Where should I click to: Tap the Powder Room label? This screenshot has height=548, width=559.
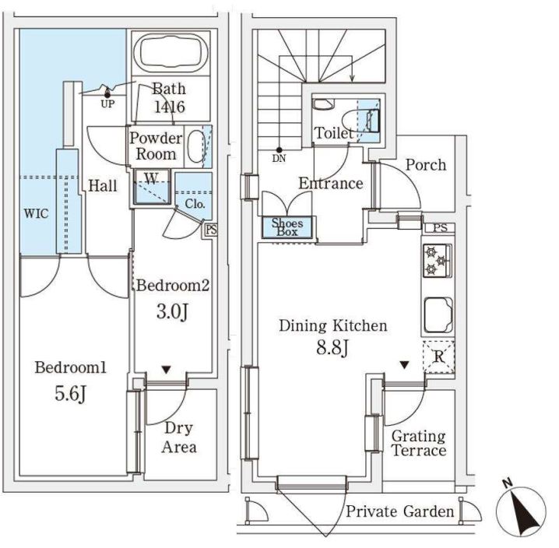point(156,146)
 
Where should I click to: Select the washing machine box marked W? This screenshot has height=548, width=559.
point(152,187)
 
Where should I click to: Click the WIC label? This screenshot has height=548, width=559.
point(36,214)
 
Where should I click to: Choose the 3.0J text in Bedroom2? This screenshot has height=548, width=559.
point(172,312)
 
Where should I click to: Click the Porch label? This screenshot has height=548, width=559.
point(426,165)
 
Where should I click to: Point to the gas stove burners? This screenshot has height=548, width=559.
point(436,261)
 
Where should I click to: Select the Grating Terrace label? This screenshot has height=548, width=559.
point(418,443)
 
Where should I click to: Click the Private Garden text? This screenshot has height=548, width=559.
point(399,511)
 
